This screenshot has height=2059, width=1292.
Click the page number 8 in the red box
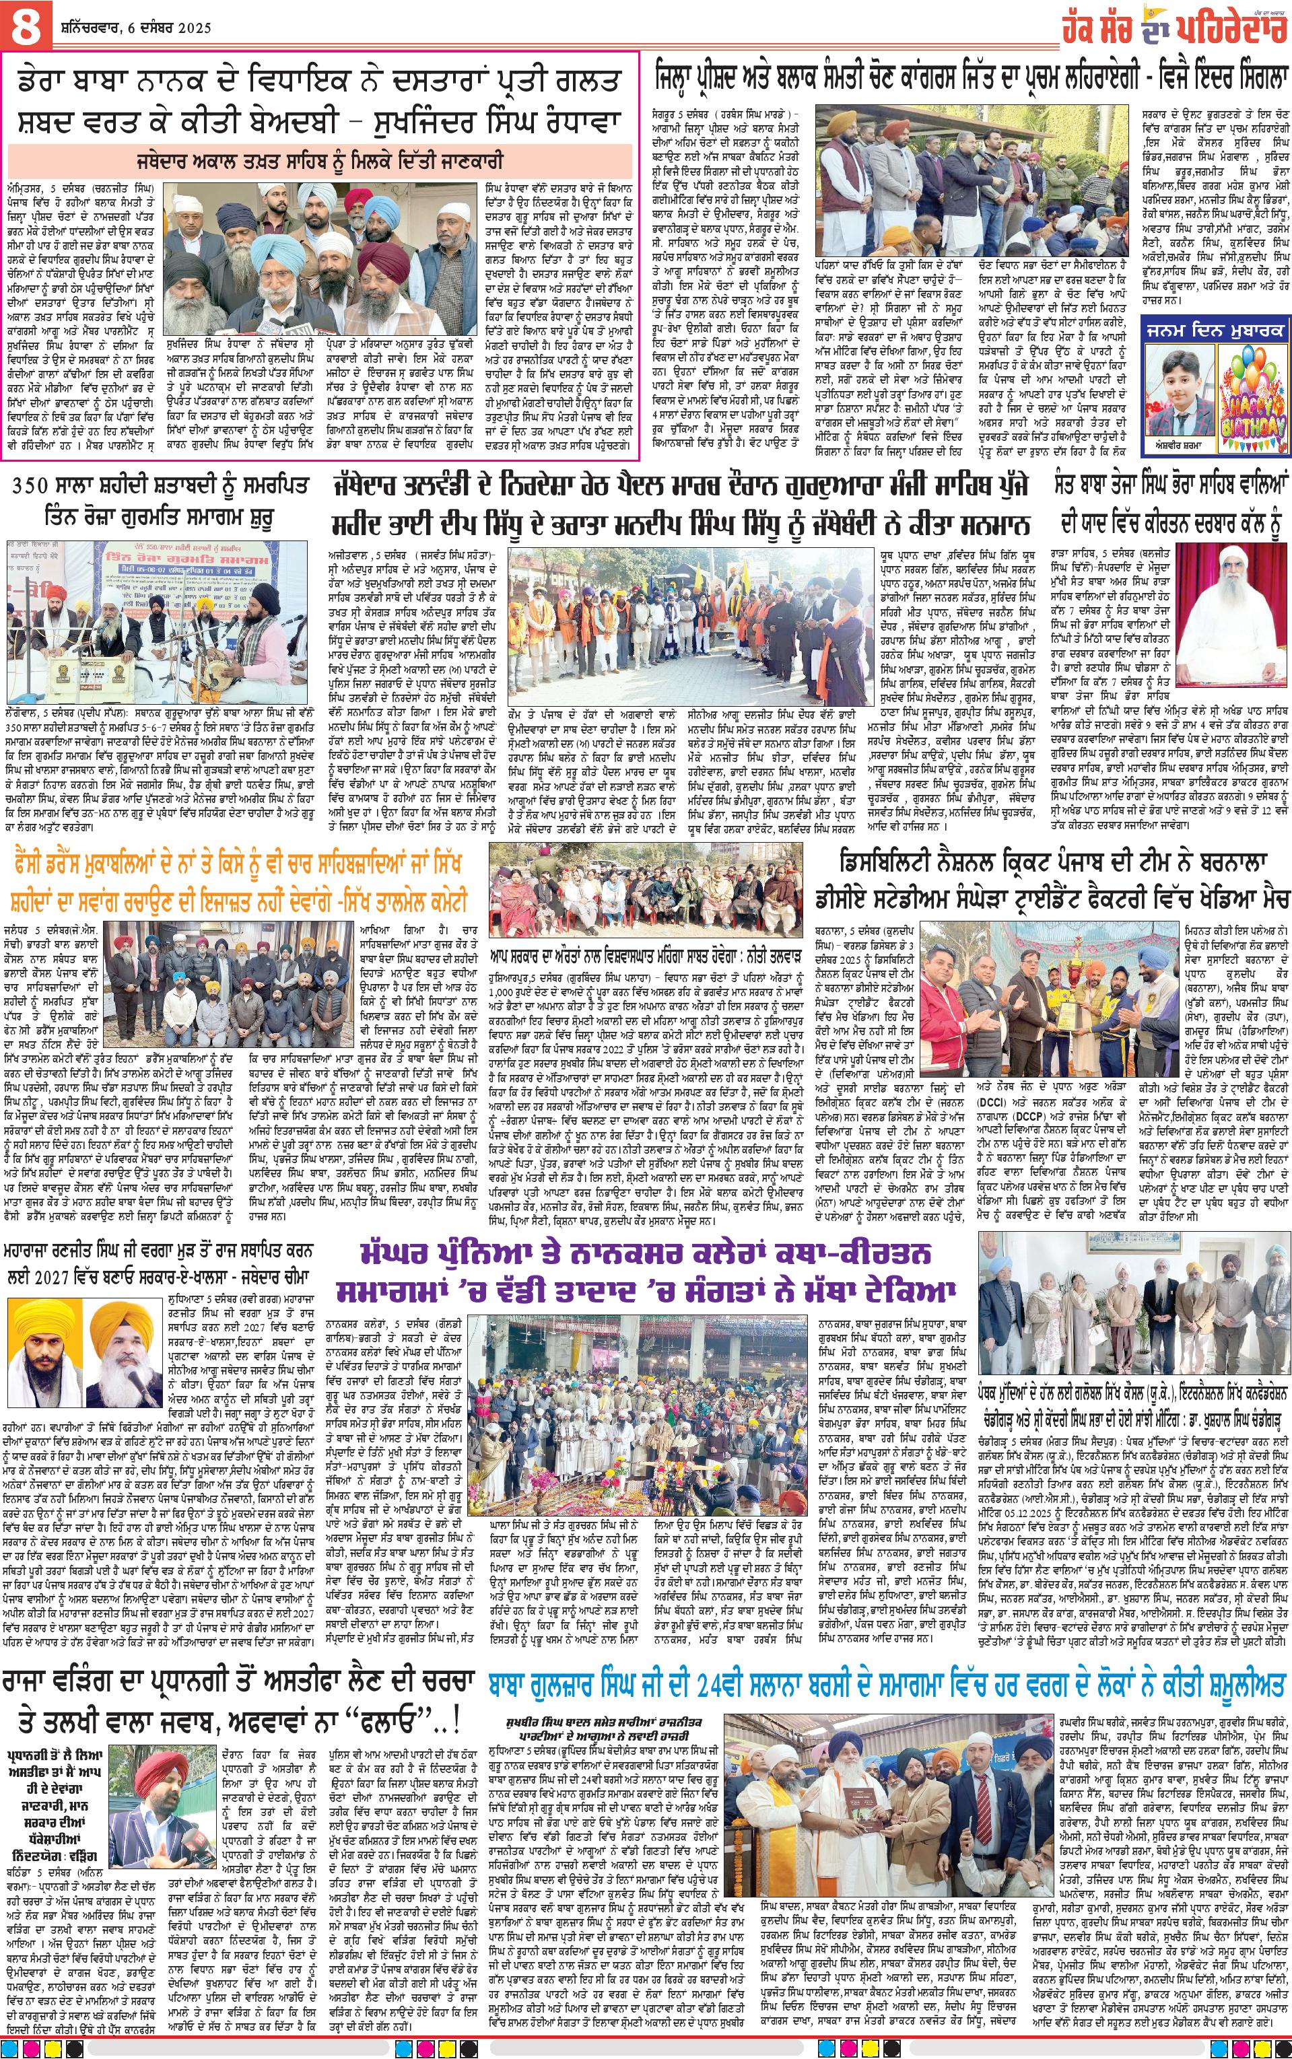pos(24,26)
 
